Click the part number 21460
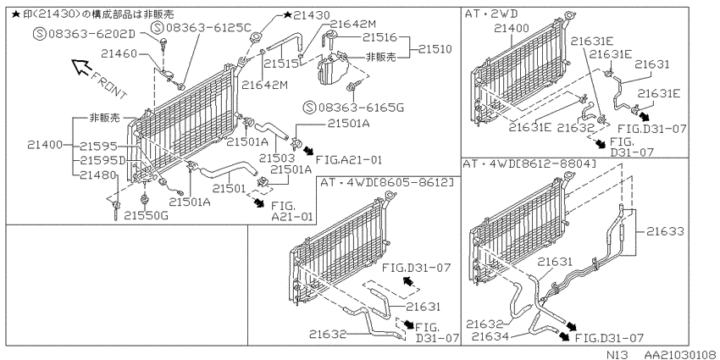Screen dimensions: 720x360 click(119, 54)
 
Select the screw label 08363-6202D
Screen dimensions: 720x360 click(85, 34)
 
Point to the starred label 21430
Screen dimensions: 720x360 click(307, 15)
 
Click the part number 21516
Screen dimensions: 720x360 click(379, 36)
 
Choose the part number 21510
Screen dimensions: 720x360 click(435, 48)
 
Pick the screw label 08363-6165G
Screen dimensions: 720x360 click(353, 108)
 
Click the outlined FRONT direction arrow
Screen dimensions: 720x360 click(81, 68)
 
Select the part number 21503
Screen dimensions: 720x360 click(276, 158)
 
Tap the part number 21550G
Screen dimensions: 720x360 click(146, 215)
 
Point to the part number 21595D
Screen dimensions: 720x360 click(102, 160)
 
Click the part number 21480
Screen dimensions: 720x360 click(98, 174)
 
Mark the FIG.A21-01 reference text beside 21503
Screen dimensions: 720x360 click(349, 160)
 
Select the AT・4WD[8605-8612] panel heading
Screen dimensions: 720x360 click(387, 182)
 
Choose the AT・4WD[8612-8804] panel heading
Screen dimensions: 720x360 click(530, 164)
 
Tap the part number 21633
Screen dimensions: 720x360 click(665, 232)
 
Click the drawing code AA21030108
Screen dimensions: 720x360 click(681, 354)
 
